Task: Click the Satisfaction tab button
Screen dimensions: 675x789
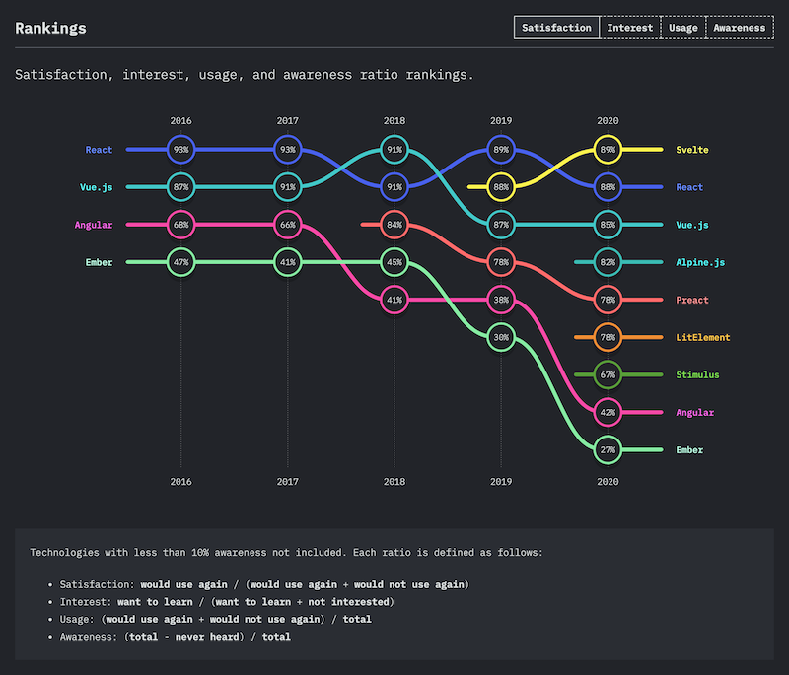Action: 556,28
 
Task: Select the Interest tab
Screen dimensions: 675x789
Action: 629,28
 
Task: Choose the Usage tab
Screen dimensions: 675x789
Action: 682,28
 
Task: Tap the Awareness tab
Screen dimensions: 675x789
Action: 739,28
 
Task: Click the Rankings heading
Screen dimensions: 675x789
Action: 50,28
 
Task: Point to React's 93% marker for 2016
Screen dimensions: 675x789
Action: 180,150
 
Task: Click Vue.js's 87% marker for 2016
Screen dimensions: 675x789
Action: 180,187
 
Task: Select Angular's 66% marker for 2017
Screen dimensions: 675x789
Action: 288,225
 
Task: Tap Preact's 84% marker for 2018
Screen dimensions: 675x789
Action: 394,225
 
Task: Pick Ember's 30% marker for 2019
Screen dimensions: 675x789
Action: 501,337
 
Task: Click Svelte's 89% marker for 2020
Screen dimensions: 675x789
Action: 608,150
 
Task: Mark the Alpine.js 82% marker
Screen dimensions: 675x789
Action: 608,262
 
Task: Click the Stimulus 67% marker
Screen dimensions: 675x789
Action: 608,374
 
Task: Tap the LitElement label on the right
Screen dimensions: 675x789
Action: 702,337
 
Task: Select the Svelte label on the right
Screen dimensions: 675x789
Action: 691,150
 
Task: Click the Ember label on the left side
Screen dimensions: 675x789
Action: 98,262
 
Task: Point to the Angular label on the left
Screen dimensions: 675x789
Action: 94,225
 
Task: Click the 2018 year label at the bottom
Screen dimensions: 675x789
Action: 394,482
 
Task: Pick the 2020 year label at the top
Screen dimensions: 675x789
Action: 608,120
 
